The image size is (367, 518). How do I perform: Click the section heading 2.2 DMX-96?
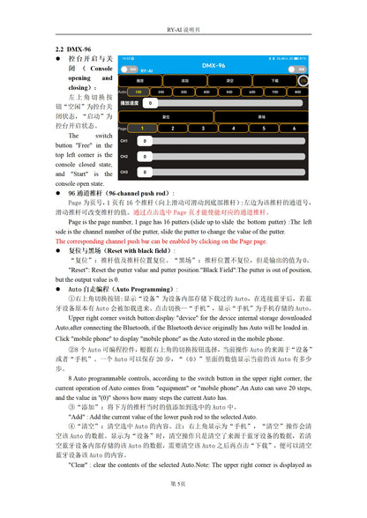pyautogui.click(x=73, y=50)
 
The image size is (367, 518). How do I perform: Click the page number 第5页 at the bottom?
pyautogui.click(x=183, y=484)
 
